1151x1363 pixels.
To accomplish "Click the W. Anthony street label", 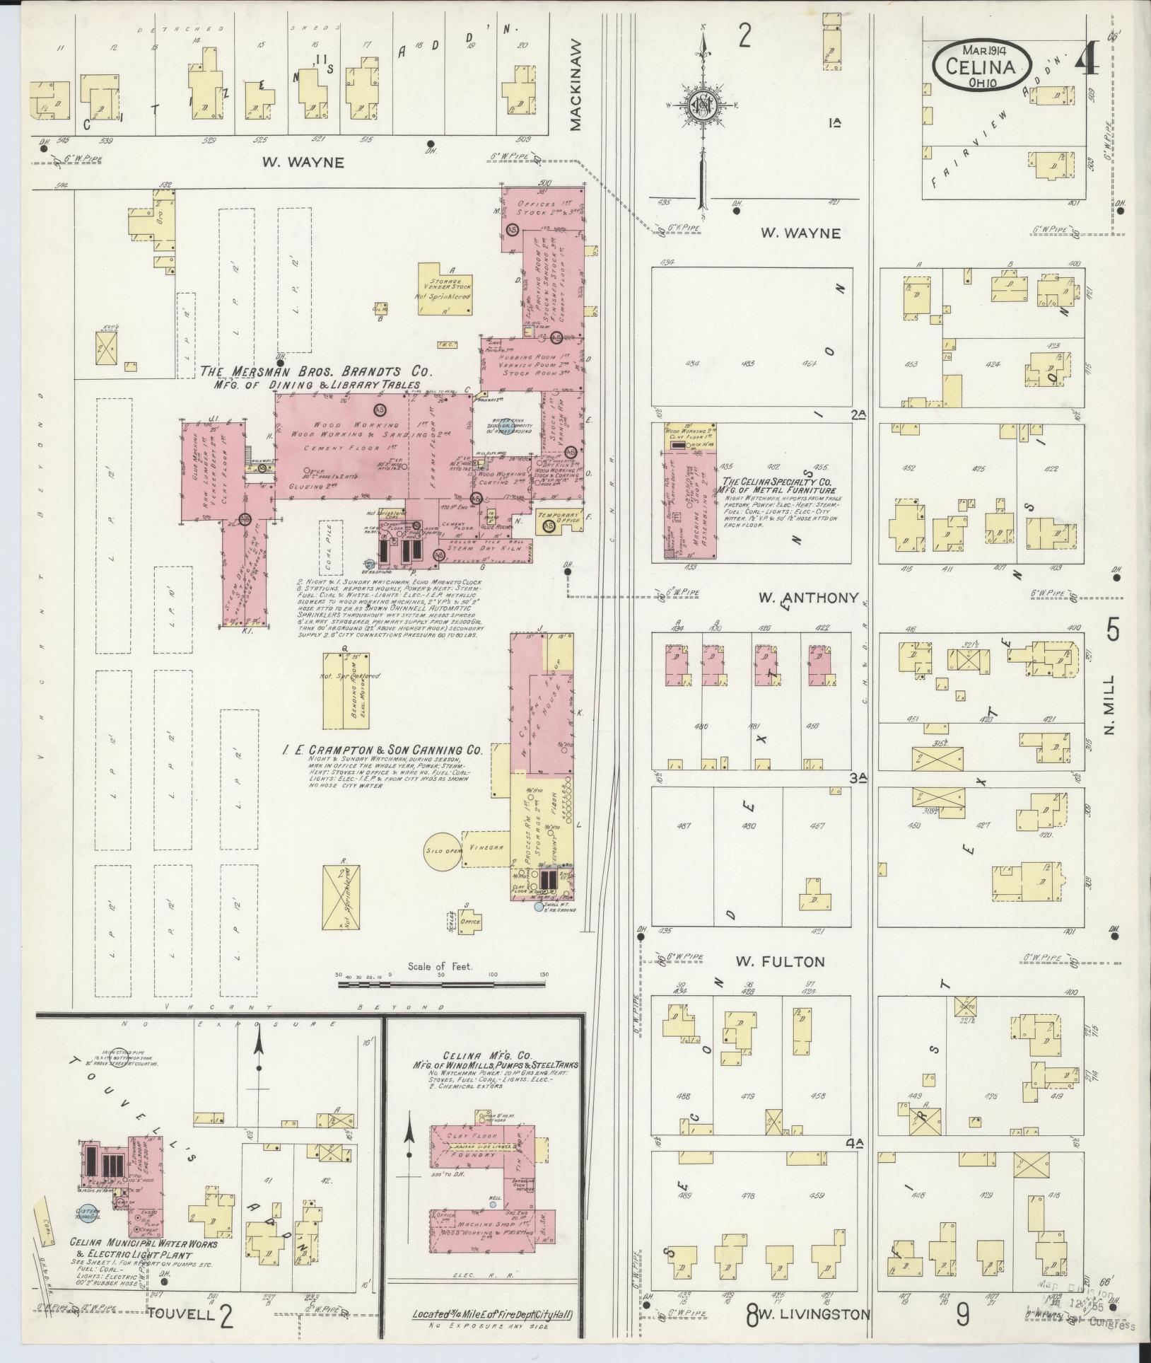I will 808,598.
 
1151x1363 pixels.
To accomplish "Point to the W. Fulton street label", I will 780,961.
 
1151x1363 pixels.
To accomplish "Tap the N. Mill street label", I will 1107,704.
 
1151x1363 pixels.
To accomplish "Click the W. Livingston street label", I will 814,1314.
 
